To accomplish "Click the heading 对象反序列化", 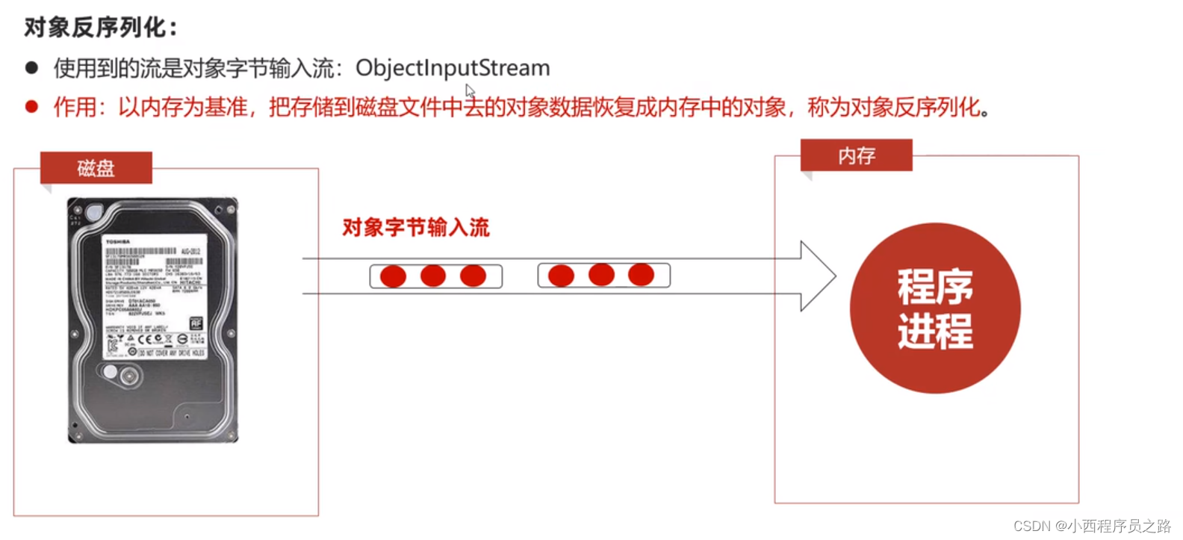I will coord(101,28).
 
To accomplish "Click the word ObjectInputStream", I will coord(453,68).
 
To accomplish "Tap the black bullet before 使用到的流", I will coord(31,68).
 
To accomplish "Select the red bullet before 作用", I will coord(31,107).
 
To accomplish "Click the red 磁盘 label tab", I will coord(96,168).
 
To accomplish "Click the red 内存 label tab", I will coord(856,155).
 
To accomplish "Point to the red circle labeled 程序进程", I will coord(935,308).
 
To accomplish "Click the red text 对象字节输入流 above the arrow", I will coord(415,227).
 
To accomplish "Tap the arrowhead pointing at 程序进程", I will coord(818,276).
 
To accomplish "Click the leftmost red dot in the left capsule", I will coord(393,276).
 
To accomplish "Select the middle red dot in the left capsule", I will coord(433,276).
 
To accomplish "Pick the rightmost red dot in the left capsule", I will coord(473,276).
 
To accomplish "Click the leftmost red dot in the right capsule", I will coord(561,276).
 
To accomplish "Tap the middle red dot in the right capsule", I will coord(601,275).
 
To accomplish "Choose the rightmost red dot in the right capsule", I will coord(641,275).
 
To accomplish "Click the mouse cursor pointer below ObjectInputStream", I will coord(470,91).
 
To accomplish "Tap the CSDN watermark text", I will coord(1092,526).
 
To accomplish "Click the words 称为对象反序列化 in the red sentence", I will coord(894,108).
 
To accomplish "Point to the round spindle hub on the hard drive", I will coord(128,376).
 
